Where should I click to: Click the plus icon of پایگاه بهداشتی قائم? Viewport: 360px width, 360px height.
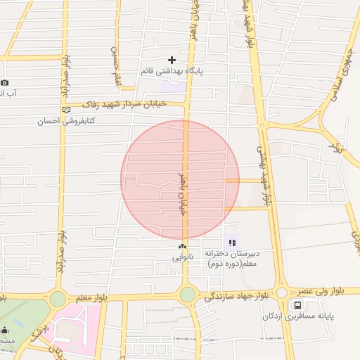(172, 60)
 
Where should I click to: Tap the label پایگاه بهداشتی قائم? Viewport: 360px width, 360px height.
(172, 71)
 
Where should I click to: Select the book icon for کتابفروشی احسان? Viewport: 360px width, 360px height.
(67, 110)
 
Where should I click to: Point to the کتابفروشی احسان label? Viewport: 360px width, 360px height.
(66, 121)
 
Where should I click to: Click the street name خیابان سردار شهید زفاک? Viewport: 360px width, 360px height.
(134, 103)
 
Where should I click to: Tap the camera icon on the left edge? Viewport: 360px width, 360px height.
(4, 82)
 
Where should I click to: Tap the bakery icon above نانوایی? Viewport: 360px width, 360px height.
(183, 246)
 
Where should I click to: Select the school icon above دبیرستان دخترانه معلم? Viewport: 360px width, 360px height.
(232, 243)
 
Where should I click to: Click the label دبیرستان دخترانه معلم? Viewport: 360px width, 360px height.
(233, 258)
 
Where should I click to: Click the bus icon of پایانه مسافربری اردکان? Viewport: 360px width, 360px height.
(297, 305)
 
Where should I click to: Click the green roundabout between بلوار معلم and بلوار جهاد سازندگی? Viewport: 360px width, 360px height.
(187, 294)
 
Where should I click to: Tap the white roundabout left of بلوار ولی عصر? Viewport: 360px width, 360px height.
(282, 292)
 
